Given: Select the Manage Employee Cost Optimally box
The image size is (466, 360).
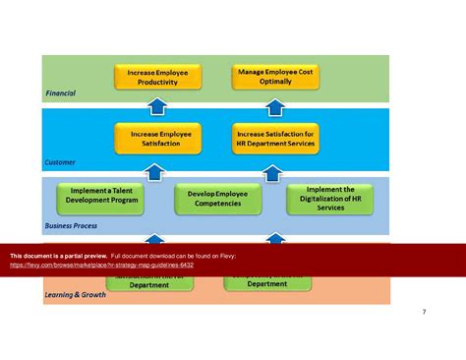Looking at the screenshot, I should coord(275,77).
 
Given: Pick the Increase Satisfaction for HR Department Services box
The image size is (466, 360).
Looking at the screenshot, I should coord(275,138).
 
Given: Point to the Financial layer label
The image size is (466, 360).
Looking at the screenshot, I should coord(60,93).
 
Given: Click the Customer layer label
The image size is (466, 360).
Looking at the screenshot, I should coord(60,161).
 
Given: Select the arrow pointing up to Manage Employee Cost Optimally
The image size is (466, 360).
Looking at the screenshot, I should coord(275,107).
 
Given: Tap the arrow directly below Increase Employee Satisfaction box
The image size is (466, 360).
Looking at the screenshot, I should coord(153,172).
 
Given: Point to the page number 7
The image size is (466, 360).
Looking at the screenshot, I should coord(424,312).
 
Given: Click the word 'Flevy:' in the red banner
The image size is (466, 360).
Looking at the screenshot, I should coord(225,255).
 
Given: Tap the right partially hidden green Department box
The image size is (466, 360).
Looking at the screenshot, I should coord(267,283).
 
